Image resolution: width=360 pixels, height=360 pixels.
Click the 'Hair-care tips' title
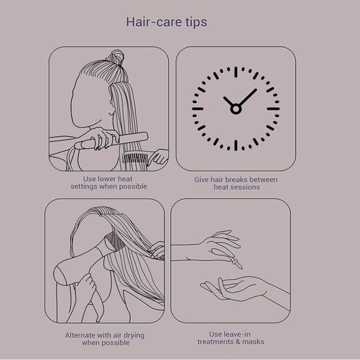166,22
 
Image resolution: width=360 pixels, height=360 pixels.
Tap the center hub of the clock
235,109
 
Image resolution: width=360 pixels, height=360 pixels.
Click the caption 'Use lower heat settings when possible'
109,182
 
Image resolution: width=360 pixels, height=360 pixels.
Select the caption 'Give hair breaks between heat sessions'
235,183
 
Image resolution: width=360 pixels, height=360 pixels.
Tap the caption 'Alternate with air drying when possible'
104,339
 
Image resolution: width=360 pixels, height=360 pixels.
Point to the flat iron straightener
112,140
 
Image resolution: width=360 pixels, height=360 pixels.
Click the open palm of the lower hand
239,287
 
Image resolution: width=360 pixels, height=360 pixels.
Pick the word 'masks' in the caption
254,342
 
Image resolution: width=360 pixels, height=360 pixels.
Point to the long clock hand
247,98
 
